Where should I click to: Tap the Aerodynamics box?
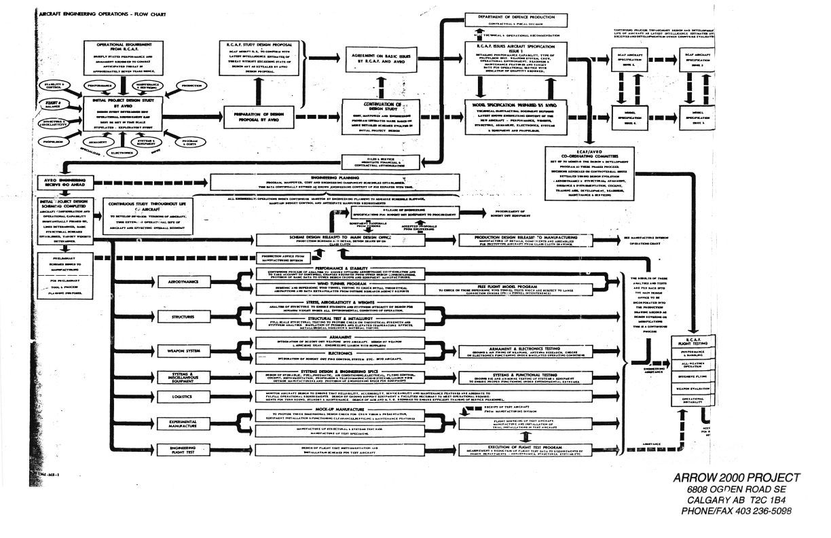179,281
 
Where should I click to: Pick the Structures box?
179,316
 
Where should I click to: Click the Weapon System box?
179,351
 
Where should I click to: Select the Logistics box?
179,397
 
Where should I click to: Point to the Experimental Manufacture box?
179,425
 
